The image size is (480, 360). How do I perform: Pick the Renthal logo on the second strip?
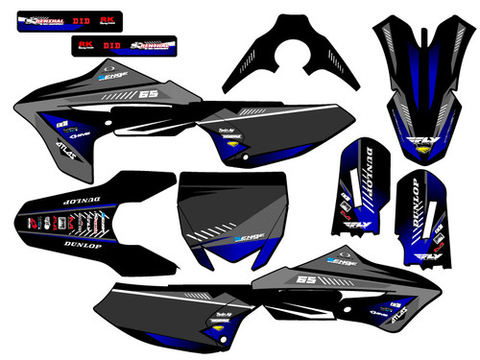[149, 44]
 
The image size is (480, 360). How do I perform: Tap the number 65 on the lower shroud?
[279, 280]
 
